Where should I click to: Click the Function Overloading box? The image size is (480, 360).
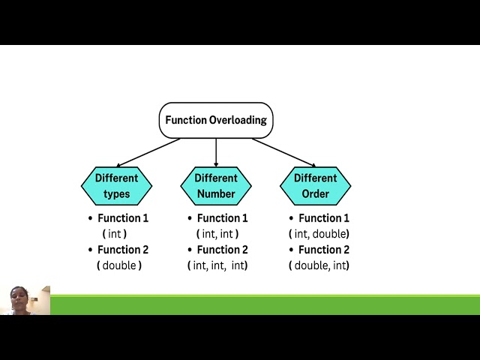216,120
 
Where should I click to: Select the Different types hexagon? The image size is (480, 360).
116,186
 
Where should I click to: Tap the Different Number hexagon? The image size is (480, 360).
216,186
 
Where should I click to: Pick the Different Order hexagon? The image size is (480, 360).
315,186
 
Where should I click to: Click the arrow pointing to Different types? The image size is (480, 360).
148,152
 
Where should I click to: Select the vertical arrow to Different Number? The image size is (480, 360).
216,152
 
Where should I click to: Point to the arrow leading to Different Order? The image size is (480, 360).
283,152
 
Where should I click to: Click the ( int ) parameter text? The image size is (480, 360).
115,234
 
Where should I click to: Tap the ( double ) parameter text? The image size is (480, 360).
119,265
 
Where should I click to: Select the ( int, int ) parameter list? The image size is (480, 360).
217,234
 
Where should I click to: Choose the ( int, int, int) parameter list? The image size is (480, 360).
217,265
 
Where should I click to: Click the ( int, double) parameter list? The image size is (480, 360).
319,234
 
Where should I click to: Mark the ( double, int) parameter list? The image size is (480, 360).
319,265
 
